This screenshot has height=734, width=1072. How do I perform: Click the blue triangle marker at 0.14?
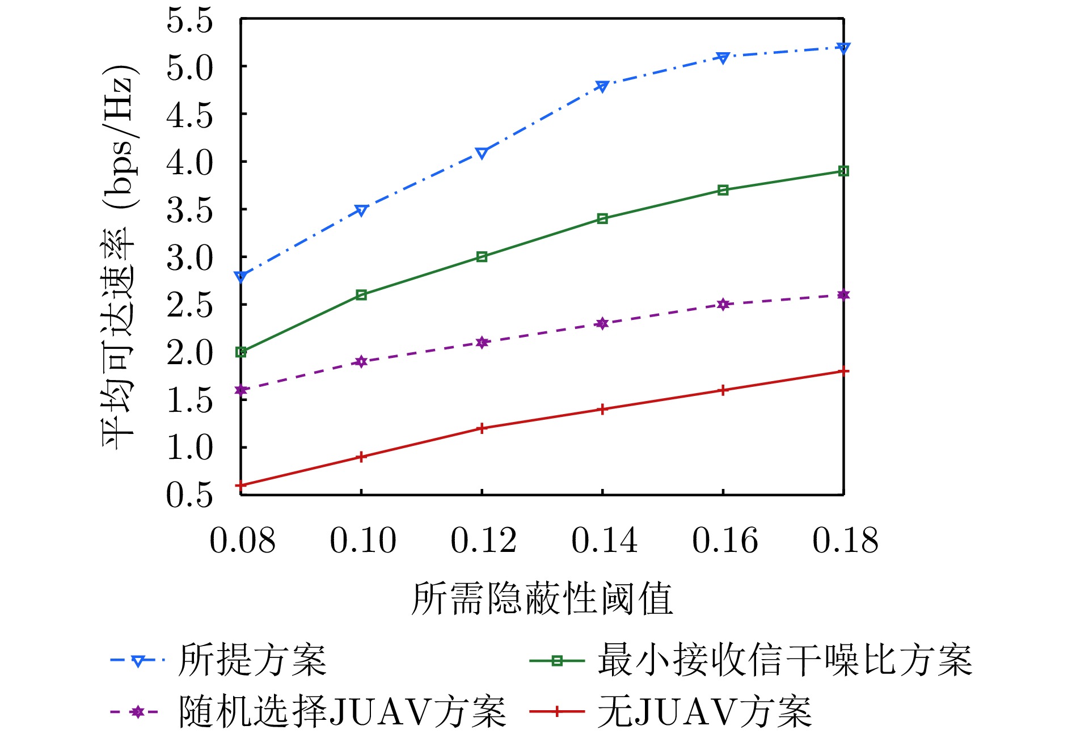tap(602, 86)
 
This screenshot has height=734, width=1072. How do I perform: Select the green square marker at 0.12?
tap(482, 257)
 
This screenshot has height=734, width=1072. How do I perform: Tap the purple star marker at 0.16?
tap(723, 305)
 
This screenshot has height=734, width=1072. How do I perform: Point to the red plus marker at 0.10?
tap(361, 457)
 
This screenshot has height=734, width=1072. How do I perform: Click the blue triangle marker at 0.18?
tap(843, 48)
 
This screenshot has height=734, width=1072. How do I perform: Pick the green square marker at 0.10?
tap(361, 295)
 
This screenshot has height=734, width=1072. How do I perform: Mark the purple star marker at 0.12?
tap(482, 343)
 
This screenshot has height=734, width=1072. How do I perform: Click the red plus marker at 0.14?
tap(602, 409)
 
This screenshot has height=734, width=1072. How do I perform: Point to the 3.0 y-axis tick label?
tap(189, 258)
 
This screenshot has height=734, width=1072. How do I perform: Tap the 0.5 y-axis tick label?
tap(189, 495)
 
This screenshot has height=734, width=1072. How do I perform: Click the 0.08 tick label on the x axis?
tap(242, 540)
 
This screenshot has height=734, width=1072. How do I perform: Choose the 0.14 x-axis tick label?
tap(604, 540)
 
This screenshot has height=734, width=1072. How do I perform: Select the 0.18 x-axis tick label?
tap(845, 540)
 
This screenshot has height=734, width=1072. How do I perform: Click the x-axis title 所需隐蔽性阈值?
tap(542, 599)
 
